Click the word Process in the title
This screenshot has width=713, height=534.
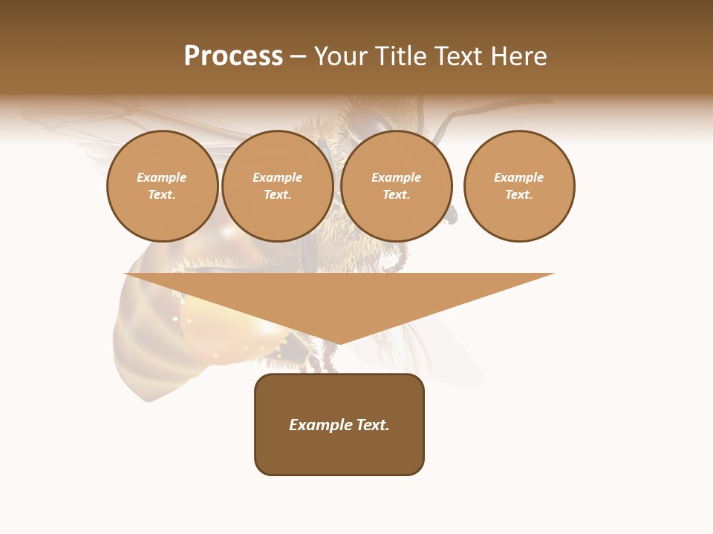coord(233,56)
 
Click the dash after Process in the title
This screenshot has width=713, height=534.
coord(298,57)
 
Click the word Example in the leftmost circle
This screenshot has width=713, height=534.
coord(162,177)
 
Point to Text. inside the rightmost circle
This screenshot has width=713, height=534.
coord(519,194)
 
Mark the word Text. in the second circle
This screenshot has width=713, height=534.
coord(277,194)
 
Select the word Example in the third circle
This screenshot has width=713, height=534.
coord(396,177)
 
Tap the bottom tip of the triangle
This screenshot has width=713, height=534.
coord(339,343)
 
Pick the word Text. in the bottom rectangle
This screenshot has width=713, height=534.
coord(372,425)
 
